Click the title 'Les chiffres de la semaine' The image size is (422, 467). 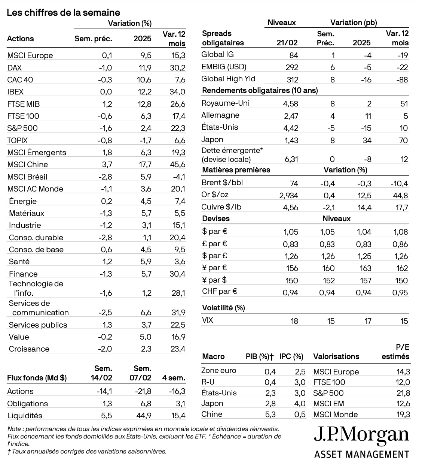tap(64, 12)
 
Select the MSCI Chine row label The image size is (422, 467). tap(28, 165)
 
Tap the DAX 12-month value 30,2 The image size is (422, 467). tap(178, 68)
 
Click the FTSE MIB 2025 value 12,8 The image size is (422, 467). tap(144, 104)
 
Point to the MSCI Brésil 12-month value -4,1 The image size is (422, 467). tap(178, 177)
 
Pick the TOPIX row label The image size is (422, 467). tap(18, 141)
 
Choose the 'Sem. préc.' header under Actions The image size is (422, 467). tap(93, 39)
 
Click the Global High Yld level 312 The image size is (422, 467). tap(292, 79)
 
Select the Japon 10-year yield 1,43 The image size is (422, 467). tap(291, 140)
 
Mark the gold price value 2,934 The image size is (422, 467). tap(288, 196)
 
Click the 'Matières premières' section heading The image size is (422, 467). tap(236, 170)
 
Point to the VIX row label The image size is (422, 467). tap(207, 320)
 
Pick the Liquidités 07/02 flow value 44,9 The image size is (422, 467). tap(143, 416)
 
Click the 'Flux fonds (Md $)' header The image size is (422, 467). tap(37, 378)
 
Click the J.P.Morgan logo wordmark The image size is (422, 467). tap(361, 434)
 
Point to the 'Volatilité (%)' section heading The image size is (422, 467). tap(223, 308)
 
